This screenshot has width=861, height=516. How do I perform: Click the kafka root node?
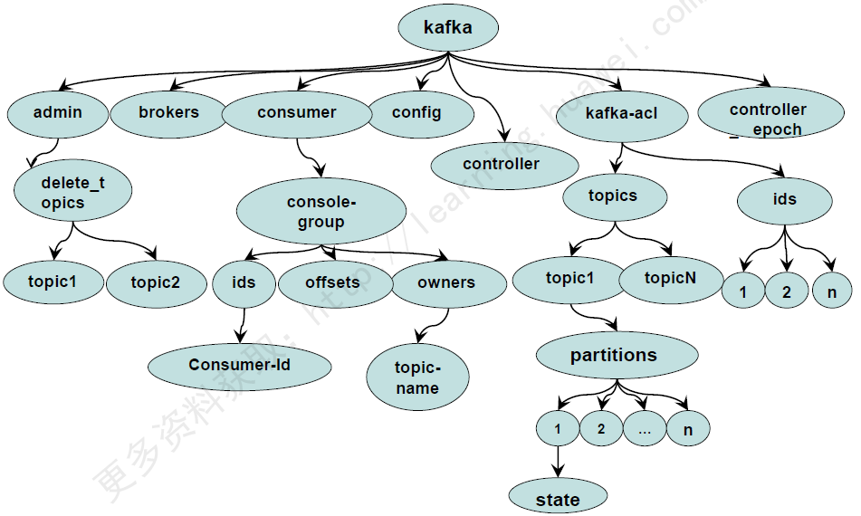point(448,28)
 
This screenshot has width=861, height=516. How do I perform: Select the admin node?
point(58,113)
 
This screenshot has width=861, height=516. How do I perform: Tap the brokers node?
point(168,113)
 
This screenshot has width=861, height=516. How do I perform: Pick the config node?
point(417,113)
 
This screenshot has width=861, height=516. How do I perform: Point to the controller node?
point(503,164)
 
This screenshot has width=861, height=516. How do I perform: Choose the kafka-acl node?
point(622,113)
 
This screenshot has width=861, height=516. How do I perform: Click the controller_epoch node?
point(769,119)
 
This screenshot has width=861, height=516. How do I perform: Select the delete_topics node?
point(73,192)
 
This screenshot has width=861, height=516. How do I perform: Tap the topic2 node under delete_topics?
point(156,282)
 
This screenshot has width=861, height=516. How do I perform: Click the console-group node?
point(321,212)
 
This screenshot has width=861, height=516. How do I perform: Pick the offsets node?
point(332,282)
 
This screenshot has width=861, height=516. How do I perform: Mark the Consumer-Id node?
point(240,365)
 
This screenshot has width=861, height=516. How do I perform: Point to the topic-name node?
point(417,377)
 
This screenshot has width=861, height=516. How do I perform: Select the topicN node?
point(671,279)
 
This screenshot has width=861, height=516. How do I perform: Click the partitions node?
point(614,356)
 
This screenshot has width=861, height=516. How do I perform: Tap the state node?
point(558,499)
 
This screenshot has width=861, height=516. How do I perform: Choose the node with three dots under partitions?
point(645,429)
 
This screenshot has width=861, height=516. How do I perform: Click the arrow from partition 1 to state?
point(558,463)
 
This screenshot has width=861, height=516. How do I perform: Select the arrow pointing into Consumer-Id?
point(242,327)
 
